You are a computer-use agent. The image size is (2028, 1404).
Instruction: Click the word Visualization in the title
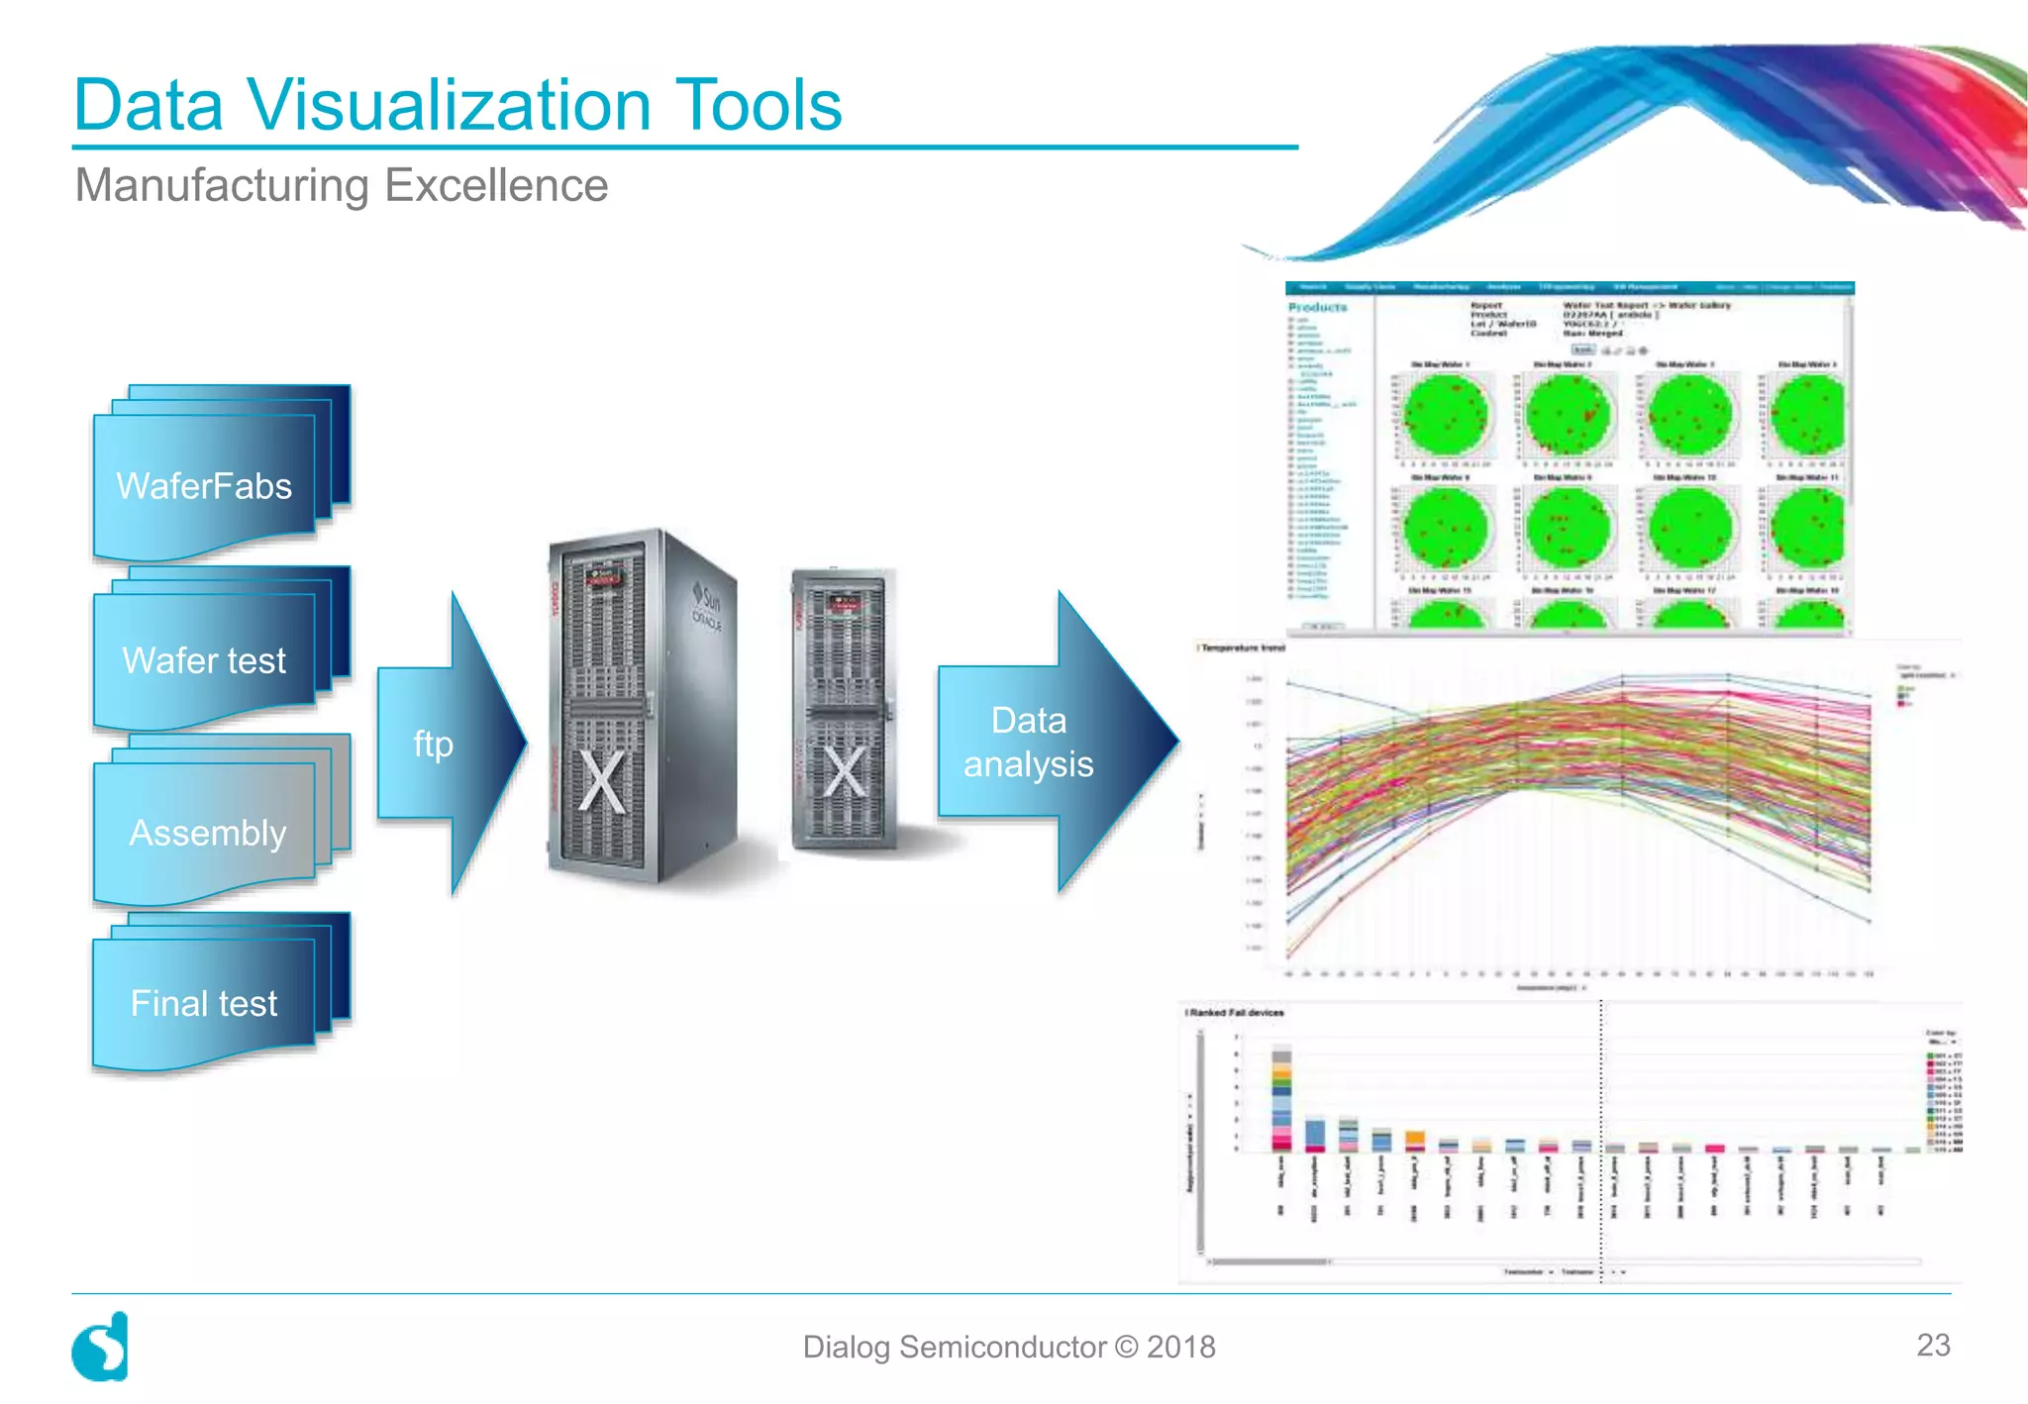click(x=448, y=105)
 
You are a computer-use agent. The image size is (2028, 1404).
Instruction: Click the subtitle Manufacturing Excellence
click(x=342, y=185)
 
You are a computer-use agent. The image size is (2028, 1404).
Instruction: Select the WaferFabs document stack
click(x=205, y=485)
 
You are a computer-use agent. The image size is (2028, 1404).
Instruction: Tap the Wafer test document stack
click(x=205, y=659)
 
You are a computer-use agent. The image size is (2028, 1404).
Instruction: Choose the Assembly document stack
click(x=207, y=832)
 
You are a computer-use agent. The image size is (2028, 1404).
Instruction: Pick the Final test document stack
click(x=205, y=1002)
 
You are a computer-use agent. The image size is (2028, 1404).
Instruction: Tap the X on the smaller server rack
click(x=845, y=772)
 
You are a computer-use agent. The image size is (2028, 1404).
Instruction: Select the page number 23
click(x=1933, y=1345)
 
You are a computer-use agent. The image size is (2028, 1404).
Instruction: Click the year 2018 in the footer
click(x=1180, y=1347)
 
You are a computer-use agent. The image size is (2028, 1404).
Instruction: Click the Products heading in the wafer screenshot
click(x=1317, y=308)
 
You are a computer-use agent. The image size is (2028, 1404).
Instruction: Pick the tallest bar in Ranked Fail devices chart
click(x=1281, y=1099)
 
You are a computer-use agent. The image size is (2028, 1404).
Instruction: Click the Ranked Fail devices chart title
click(x=1236, y=1013)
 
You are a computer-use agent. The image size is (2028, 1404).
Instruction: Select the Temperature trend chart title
click(x=1243, y=649)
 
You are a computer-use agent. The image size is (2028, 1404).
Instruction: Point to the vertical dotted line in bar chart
click(x=1601, y=1139)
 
